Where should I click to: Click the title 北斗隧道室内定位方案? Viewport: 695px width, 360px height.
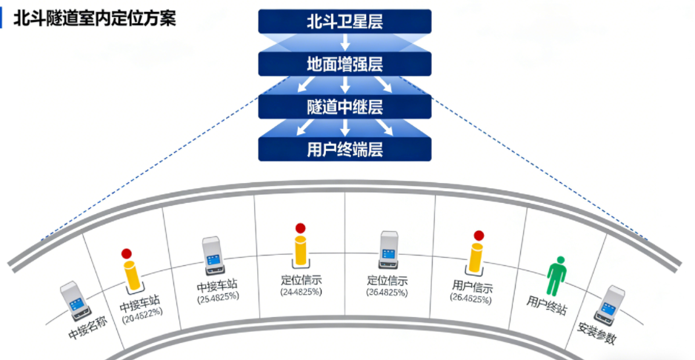tap(95, 19)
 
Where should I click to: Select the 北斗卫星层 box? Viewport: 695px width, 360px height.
tap(345, 21)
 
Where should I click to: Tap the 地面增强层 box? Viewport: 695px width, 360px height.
tap(345, 64)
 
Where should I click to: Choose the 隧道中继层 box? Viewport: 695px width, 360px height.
tap(345, 107)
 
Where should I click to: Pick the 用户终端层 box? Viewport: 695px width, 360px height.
tap(345, 150)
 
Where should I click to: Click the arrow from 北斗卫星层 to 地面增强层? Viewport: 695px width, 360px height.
tap(345, 42)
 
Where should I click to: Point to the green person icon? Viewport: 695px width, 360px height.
tap(556, 273)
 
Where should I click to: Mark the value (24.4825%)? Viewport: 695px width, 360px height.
tap(301, 292)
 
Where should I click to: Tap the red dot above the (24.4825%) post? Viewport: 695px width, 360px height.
tap(300, 228)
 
